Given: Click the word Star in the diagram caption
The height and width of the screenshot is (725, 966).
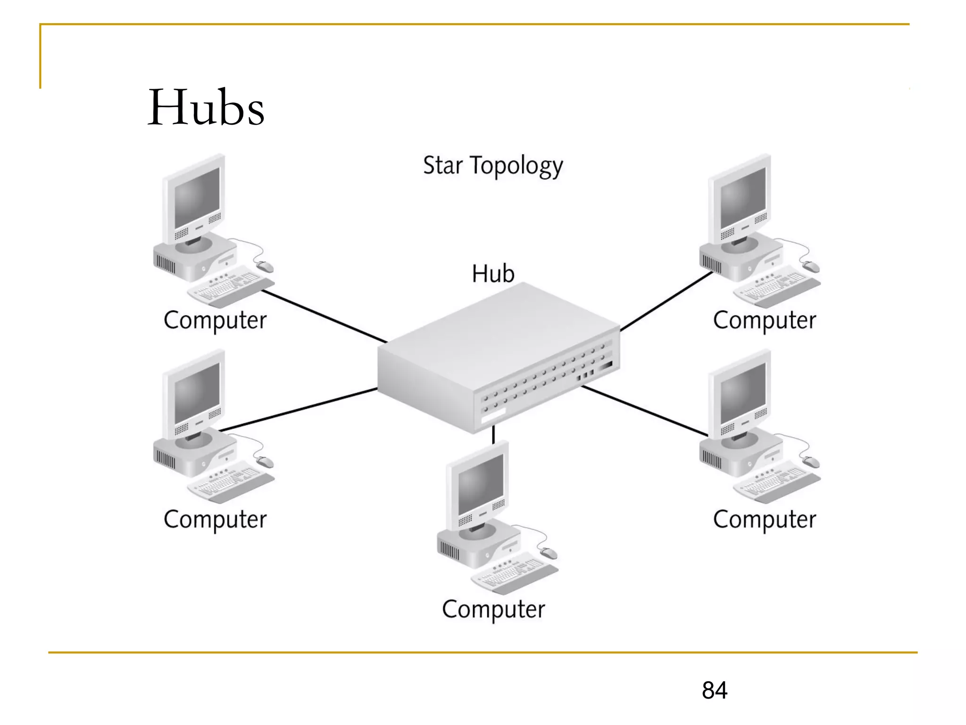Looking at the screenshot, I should (x=442, y=166).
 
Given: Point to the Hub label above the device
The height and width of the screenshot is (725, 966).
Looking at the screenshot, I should (x=493, y=274).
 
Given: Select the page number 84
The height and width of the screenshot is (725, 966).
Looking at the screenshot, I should (x=714, y=690).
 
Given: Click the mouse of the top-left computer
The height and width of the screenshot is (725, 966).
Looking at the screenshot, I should (x=265, y=267).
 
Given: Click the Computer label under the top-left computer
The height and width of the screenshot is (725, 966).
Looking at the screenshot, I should (x=215, y=320).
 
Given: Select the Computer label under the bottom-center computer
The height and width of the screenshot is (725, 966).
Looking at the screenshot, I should (x=493, y=609).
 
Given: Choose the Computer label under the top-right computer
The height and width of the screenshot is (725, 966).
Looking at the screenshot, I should (x=765, y=320).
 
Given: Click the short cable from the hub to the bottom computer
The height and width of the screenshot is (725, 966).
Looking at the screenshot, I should (x=493, y=434).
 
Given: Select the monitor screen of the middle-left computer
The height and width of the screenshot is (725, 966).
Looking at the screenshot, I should (x=197, y=393).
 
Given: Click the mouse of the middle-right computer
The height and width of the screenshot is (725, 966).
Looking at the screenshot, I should (x=811, y=462).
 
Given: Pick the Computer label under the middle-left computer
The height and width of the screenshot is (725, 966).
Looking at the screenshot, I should (x=215, y=520).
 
